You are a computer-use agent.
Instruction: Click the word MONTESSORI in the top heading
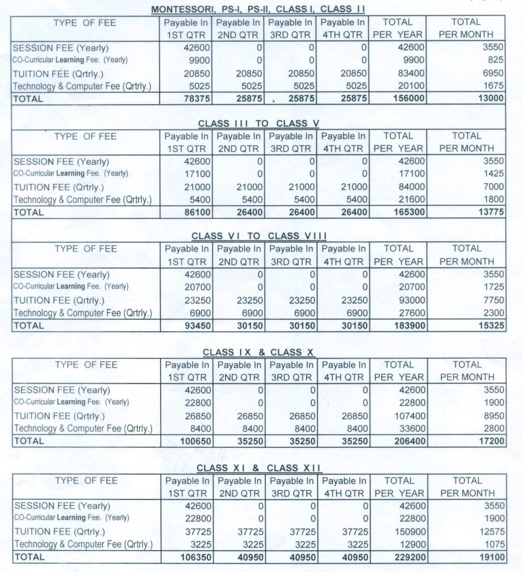coord(179,9)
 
